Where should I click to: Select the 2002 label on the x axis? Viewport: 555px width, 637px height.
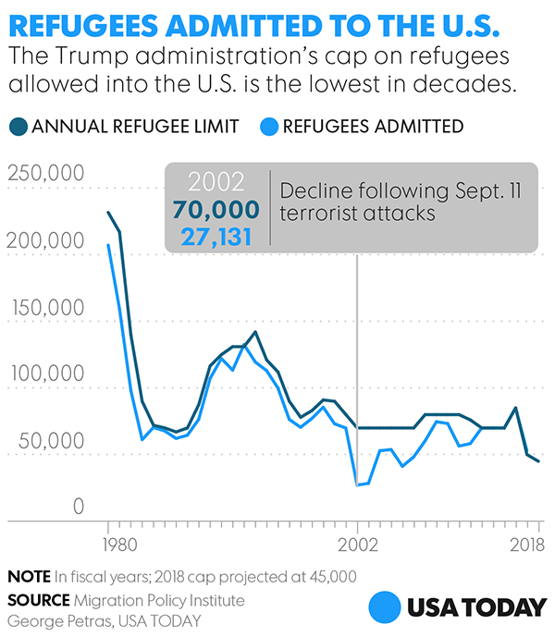[357, 544]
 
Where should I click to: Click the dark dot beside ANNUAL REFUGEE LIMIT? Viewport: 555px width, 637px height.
[18, 126]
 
